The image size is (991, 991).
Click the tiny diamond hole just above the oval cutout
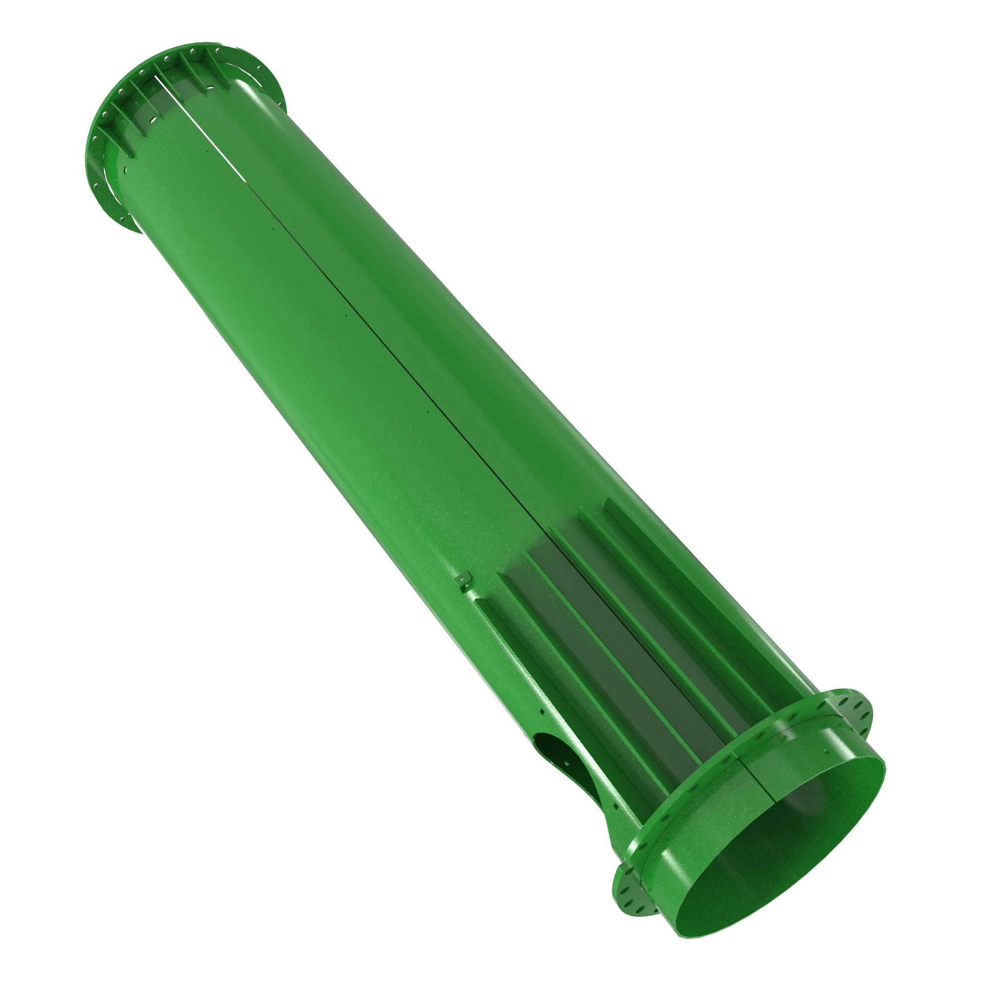(541, 712)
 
